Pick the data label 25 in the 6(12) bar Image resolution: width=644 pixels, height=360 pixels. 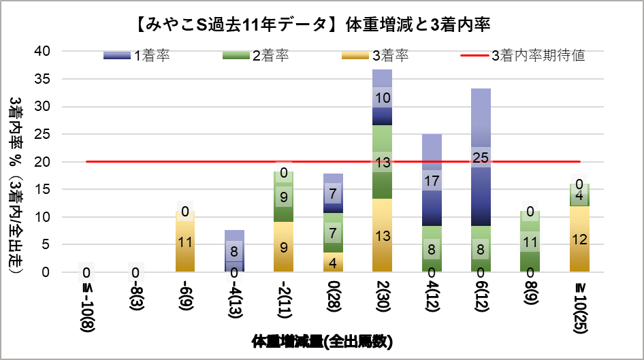tap(481, 159)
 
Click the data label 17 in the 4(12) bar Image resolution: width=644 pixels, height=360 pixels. tap(432, 182)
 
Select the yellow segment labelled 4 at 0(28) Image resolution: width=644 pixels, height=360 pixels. tap(333, 263)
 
